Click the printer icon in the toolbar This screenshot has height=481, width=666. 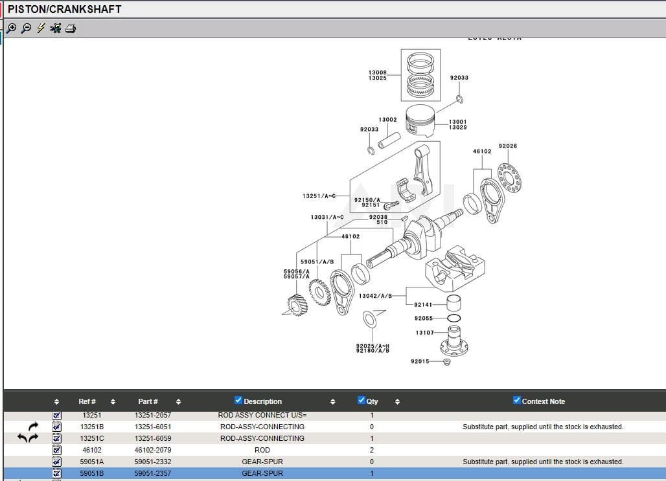(x=70, y=28)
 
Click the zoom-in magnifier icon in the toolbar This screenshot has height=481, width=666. (x=11, y=28)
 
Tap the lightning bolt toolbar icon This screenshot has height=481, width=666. (x=41, y=28)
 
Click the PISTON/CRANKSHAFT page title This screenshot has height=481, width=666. (x=64, y=9)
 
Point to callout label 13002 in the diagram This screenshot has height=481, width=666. (x=387, y=120)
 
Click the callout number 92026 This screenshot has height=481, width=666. (x=508, y=146)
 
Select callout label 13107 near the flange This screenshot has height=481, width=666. (x=425, y=333)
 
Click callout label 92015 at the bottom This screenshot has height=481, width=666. (x=420, y=361)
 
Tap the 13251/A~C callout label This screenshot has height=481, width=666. (x=319, y=196)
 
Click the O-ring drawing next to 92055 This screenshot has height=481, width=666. (x=454, y=319)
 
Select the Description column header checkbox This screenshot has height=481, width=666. (x=238, y=401)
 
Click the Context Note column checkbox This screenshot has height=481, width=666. (x=517, y=401)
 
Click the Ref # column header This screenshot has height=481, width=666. (x=87, y=401)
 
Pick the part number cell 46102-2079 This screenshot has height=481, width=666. (x=153, y=450)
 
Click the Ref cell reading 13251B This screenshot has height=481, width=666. (x=92, y=427)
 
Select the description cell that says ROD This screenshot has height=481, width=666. (x=262, y=450)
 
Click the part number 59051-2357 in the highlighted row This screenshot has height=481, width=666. (x=153, y=473)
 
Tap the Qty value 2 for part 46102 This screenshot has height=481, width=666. (x=372, y=450)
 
